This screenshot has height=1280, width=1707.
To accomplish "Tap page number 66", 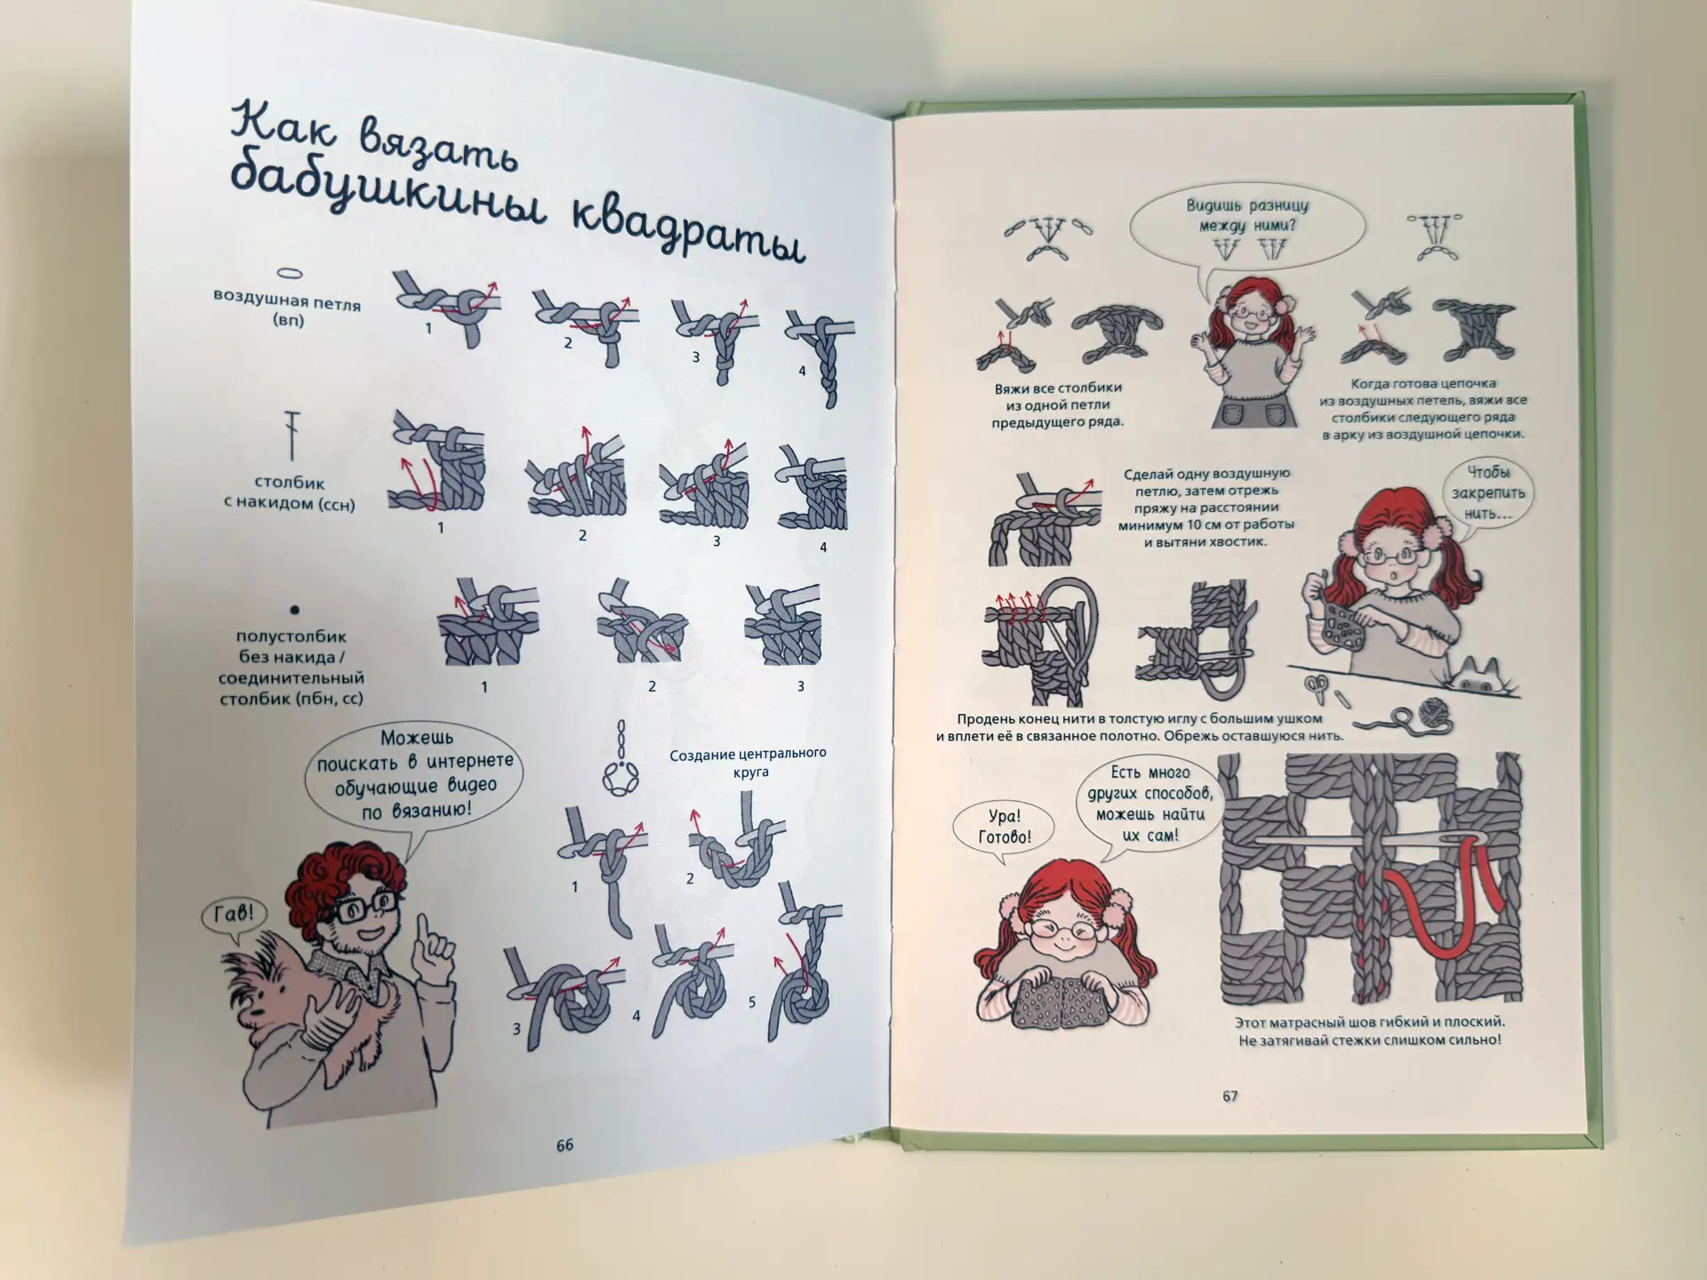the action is tap(565, 1145).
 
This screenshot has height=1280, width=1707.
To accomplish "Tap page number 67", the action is tap(1230, 1096).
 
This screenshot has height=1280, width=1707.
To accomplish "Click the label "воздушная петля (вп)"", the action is tap(286, 311).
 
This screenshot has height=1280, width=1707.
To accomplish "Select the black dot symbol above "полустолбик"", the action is tap(294, 610).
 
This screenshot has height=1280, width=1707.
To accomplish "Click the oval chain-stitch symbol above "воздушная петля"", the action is tap(291, 274).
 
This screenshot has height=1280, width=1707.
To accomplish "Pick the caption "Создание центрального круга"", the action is tap(748, 762).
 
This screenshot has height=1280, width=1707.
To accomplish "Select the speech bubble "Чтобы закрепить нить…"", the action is tap(1488, 494).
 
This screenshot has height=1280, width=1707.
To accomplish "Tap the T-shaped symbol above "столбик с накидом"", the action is tap(292, 435).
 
